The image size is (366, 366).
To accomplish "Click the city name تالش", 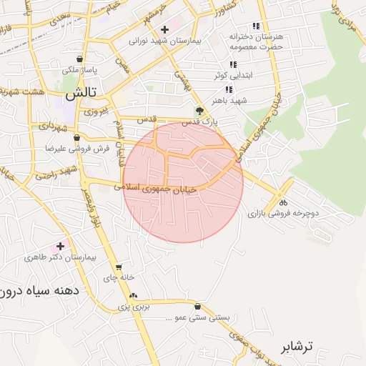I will tap(80, 93).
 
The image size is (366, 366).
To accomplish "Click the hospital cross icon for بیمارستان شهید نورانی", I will tap(165, 29).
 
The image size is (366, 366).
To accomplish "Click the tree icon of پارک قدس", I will tap(199, 110).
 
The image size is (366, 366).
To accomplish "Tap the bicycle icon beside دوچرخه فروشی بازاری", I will tap(283, 201).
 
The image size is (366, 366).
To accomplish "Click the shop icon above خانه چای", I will tap(119, 266).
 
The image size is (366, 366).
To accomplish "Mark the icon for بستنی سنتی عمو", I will tap(197, 306).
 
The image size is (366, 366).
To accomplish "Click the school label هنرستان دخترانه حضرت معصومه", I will tap(256, 41).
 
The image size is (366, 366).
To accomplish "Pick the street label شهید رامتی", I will tap(56, 174).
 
